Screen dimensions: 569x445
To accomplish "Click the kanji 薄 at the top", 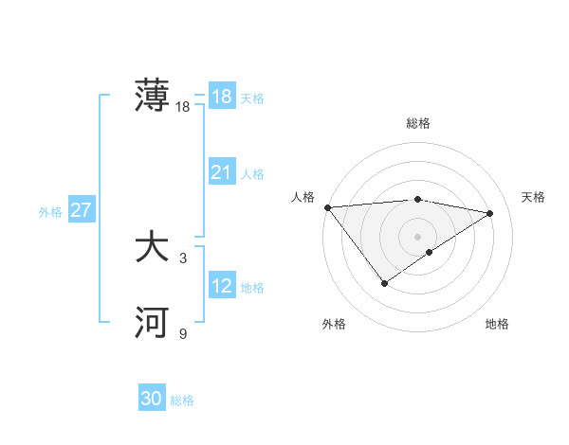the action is click(152, 97).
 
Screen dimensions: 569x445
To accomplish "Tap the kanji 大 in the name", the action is click(152, 248).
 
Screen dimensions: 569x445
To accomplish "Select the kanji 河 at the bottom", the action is click(152, 323).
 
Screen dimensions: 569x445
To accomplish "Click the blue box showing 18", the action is click(222, 97).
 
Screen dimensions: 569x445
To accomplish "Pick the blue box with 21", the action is click(222, 172).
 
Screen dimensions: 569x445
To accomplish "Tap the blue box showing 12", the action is click(222, 286).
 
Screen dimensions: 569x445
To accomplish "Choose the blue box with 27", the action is click(82, 210).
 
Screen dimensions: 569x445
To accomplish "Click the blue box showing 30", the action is click(152, 400).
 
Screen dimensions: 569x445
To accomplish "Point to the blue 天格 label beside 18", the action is click(252, 98).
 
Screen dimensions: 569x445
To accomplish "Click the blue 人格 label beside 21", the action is click(252, 174).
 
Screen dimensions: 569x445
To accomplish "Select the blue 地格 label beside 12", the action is click(252, 288).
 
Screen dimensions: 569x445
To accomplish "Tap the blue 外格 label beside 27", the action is click(50, 212).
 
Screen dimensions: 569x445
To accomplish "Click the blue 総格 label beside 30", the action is click(182, 401).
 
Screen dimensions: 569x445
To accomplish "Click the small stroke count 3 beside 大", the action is click(183, 258).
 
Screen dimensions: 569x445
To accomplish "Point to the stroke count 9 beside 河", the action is click(183, 333).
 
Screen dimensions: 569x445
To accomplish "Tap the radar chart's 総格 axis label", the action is click(417, 123).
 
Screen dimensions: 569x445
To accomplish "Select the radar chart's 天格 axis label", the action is click(534, 197).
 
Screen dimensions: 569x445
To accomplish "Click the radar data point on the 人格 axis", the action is click(327, 207).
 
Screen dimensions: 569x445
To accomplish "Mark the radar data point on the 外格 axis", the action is click(384, 282).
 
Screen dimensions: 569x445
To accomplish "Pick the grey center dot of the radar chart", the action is click(417, 236).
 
